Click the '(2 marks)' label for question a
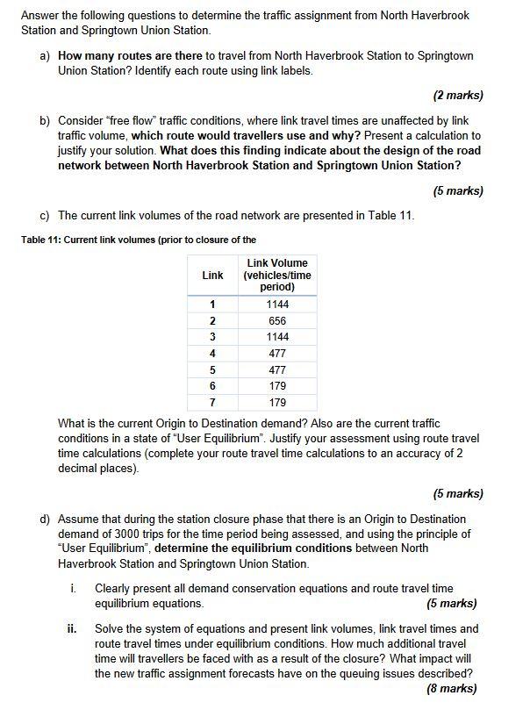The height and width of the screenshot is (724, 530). (x=458, y=95)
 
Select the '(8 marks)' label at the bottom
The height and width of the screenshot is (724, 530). (x=451, y=689)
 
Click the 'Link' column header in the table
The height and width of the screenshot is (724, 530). (x=212, y=275)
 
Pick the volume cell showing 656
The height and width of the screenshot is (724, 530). (x=277, y=321)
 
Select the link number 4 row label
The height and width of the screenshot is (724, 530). (x=212, y=354)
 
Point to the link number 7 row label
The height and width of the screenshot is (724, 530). (x=212, y=403)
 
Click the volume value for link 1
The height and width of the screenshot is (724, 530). (x=277, y=305)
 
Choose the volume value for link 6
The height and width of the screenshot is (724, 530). (x=277, y=386)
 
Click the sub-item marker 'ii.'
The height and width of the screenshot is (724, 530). (x=73, y=628)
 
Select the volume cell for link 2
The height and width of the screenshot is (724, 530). (x=277, y=321)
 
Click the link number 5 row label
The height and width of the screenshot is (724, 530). (x=212, y=370)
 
